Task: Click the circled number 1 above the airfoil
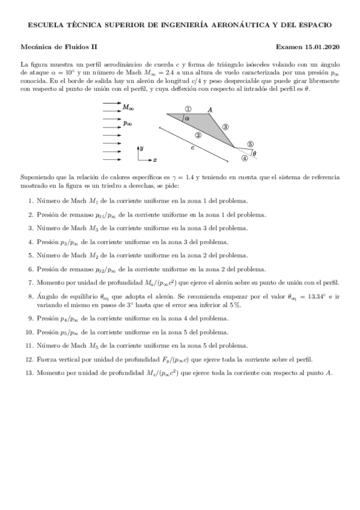coord(188,109)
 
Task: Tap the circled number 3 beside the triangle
coord(225,127)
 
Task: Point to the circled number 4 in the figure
coord(244,158)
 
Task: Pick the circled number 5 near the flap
coord(250,144)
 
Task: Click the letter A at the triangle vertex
coord(210,109)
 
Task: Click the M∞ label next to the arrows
coord(128,108)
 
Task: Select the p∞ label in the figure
coord(127,123)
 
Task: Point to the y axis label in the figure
coord(141,147)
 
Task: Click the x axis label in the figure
coord(154,160)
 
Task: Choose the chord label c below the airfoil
coord(192,147)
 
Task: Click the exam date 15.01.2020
coord(323,46)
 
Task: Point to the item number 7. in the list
coord(31,282)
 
